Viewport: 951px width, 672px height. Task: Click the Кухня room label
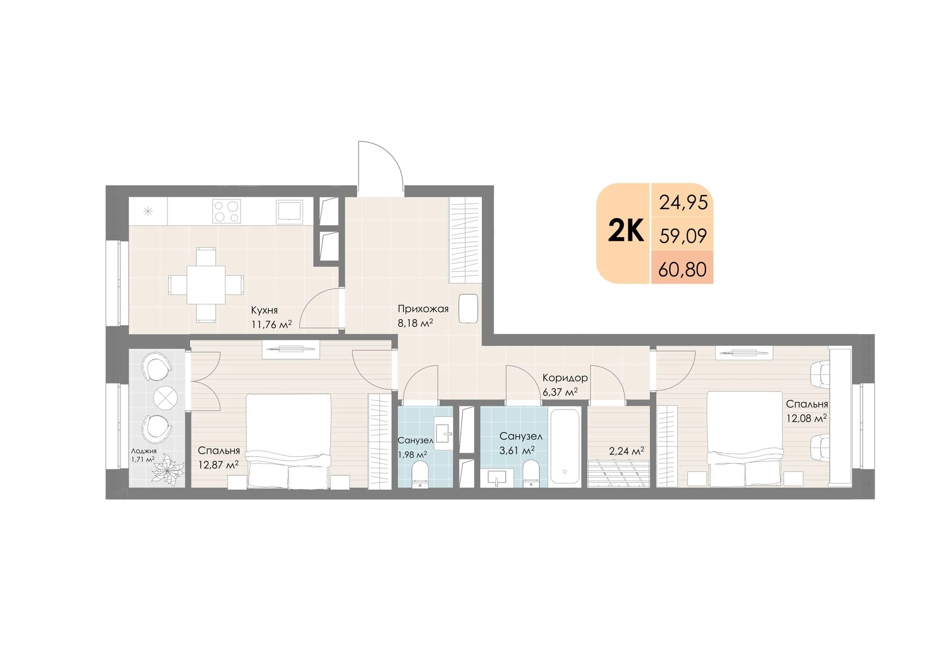[x=264, y=310]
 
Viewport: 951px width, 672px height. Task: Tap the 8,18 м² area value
[x=415, y=324]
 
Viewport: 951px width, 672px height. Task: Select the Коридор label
[x=565, y=378]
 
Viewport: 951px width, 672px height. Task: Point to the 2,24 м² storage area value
[x=626, y=451]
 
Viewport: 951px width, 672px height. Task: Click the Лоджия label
[x=144, y=451]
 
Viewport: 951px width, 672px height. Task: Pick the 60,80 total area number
[x=682, y=269]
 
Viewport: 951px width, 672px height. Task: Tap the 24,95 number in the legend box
[x=683, y=203]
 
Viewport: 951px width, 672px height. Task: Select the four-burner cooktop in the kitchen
[x=227, y=211]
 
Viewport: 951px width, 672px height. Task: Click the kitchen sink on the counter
[x=290, y=211]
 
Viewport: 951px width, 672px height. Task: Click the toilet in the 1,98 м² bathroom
[x=420, y=476]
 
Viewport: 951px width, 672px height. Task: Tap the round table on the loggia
[x=165, y=398]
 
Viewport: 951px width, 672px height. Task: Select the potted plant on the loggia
[x=168, y=469]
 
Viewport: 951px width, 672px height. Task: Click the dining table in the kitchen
[x=206, y=285]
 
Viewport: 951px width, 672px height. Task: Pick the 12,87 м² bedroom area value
[x=218, y=464]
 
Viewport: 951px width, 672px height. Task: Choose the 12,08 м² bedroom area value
[x=807, y=418]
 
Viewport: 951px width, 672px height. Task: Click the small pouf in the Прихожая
[x=468, y=308]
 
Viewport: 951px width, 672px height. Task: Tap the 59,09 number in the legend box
[x=683, y=236]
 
